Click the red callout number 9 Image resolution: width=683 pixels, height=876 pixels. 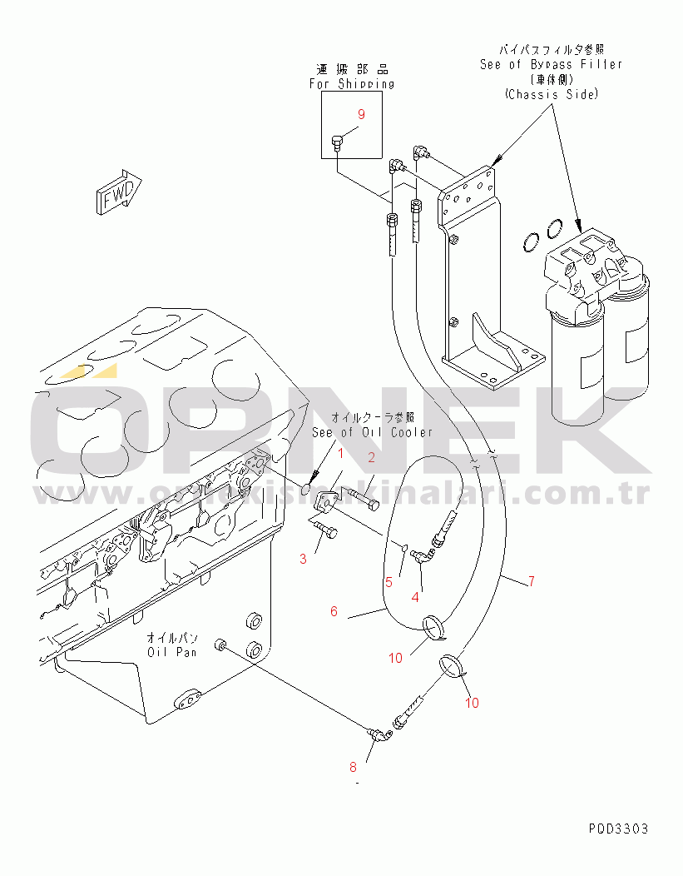[x=362, y=114]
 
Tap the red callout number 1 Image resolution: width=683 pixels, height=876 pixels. [x=339, y=453]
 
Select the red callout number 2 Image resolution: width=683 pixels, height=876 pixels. [x=372, y=456]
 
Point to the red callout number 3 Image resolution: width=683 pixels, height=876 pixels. [x=303, y=559]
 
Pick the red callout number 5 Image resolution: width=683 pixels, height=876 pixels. [x=388, y=583]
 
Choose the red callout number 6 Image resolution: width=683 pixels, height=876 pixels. [x=334, y=611]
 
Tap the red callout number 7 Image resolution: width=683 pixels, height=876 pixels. [x=531, y=581]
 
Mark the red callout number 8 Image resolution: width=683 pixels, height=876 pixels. [x=353, y=766]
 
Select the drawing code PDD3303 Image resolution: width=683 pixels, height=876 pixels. [x=617, y=829]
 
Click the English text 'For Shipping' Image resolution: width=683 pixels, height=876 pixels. [x=352, y=84]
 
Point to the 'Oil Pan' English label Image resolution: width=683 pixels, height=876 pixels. [x=172, y=652]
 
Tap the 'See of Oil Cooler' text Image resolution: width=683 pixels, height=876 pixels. [x=373, y=432]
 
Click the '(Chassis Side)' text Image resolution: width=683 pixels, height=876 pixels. [x=551, y=95]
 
